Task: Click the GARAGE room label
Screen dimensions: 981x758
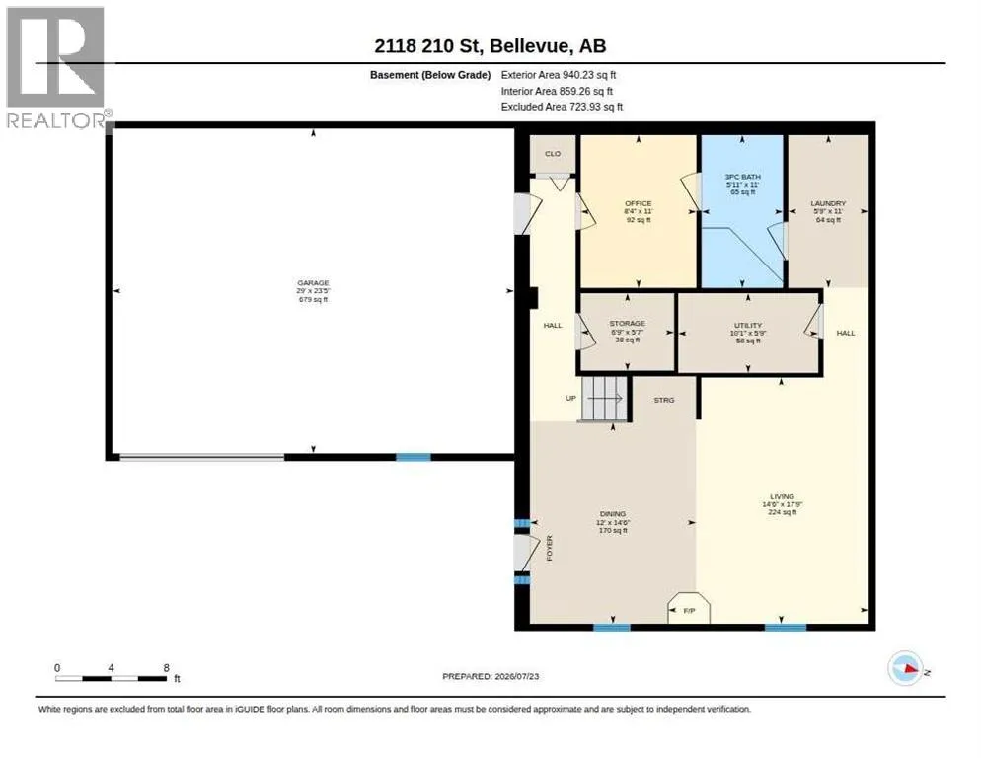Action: tap(313, 283)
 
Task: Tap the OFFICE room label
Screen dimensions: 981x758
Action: tap(639, 203)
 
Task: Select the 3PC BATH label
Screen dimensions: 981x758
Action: tap(742, 177)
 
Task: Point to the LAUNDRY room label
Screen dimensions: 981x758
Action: tap(828, 203)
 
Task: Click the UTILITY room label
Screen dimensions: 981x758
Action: tap(748, 325)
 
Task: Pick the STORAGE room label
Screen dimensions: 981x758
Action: tap(627, 323)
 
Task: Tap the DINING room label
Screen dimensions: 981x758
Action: tap(613, 514)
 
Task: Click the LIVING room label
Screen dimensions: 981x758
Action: tap(782, 496)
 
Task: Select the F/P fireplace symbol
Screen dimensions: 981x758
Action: tap(689, 607)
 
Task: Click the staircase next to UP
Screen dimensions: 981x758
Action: tap(604, 399)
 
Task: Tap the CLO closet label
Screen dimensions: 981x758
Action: tap(553, 153)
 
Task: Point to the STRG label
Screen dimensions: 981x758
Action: tap(664, 400)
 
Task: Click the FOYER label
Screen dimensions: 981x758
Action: tap(550, 548)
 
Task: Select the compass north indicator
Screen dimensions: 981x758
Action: tap(905, 668)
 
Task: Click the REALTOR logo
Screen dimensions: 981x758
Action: tap(56, 67)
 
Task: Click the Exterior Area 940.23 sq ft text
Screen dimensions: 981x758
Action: tap(558, 74)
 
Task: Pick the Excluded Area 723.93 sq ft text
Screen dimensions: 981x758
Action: tap(562, 107)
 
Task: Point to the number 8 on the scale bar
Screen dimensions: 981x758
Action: tap(166, 668)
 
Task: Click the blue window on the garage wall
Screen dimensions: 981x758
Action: tap(413, 457)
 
